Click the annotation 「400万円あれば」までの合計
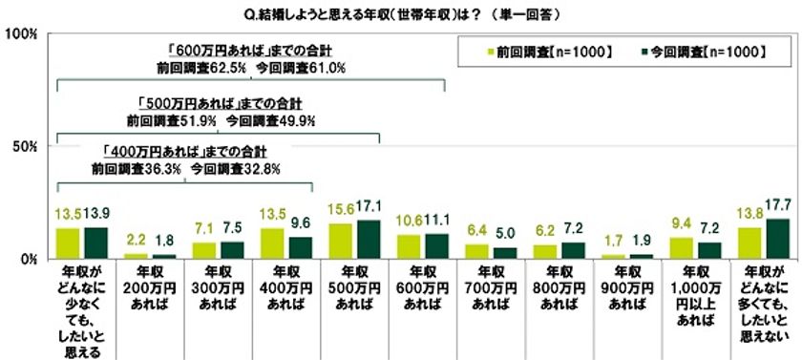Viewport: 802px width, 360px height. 182,151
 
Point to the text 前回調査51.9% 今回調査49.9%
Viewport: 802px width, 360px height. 221,121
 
